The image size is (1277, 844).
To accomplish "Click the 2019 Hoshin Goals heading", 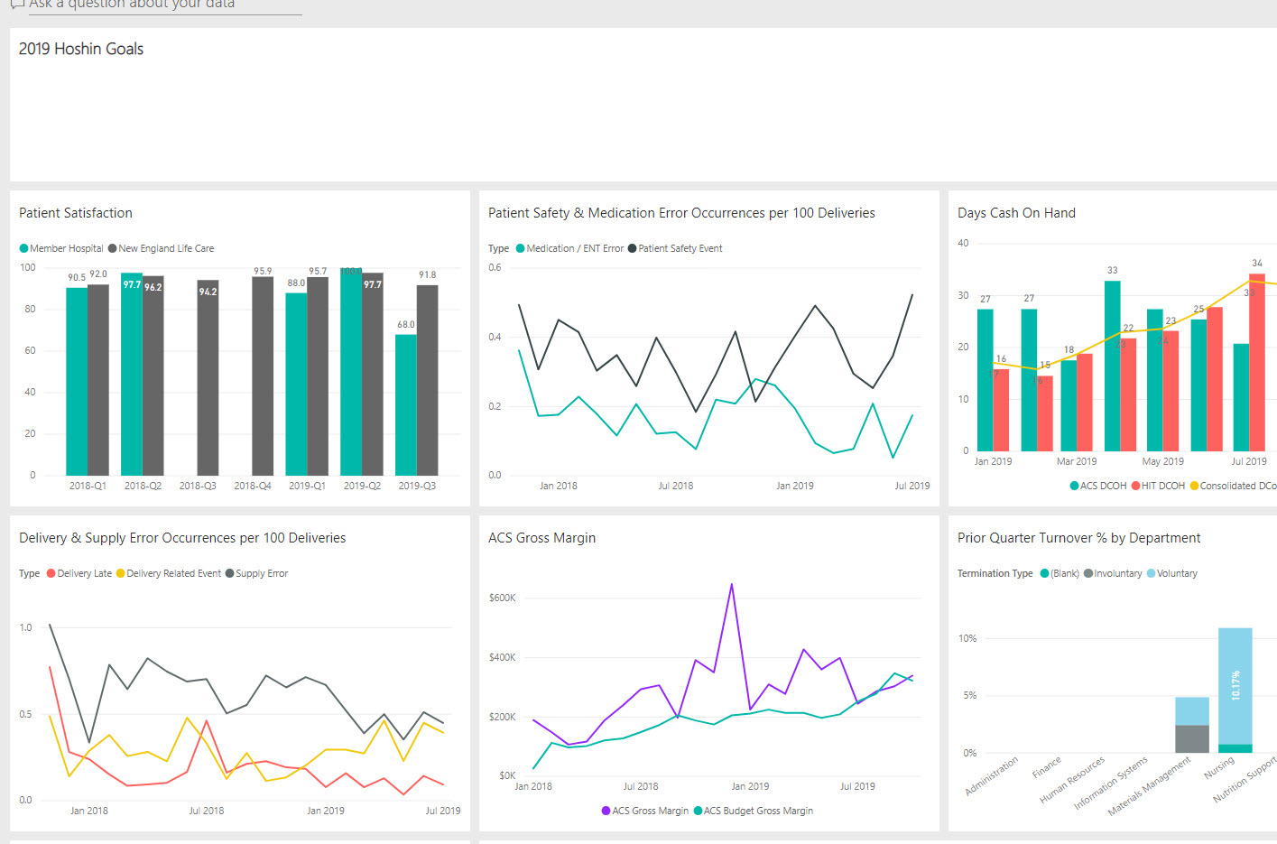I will (x=81, y=50).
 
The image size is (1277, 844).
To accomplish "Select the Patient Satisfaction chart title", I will (x=76, y=213).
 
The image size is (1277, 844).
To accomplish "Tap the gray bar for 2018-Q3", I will (x=208, y=379).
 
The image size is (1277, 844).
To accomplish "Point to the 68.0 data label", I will (x=406, y=325).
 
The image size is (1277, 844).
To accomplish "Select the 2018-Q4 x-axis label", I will (x=253, y=486).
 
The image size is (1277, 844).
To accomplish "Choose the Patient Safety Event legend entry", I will (x=680, y=248).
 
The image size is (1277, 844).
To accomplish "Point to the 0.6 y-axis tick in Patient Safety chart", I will (x=495, y=268).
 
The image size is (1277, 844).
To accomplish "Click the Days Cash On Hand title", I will (x=1016, y=213).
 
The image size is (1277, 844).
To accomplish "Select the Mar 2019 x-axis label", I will (x=1077, y=461).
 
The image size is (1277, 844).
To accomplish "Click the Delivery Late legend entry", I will (x=84, y=573).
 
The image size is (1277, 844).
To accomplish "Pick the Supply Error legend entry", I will (x=261, y=573).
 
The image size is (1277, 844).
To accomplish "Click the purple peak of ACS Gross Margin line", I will (x=731, y=585).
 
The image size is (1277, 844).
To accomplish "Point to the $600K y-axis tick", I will (x=502, y=598).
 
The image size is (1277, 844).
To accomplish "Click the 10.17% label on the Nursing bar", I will (x=1235, y=685).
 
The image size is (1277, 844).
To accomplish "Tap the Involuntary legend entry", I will (x=1117, y=573).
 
